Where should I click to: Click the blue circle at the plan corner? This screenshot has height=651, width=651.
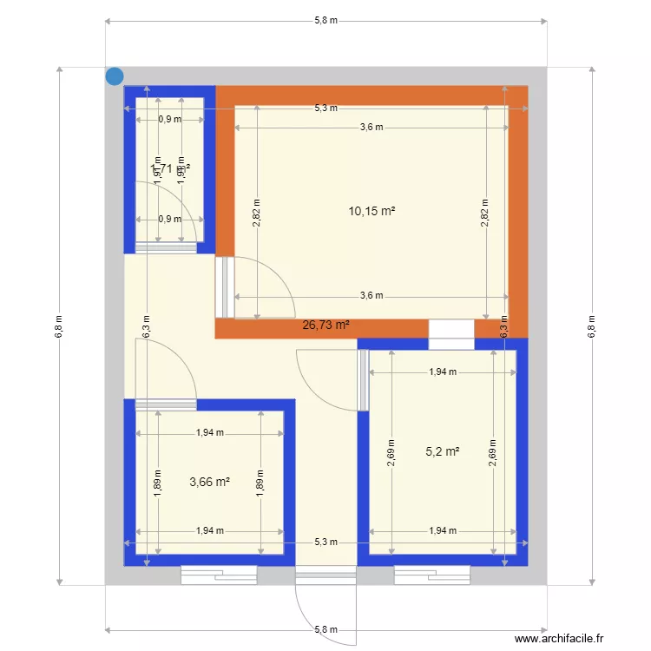(115, 76)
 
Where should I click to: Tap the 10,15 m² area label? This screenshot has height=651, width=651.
(372, 211)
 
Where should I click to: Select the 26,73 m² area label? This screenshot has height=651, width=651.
(325, 325)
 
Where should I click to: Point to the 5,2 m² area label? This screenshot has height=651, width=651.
(442, 451)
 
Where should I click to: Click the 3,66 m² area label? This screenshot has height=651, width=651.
(209, 482)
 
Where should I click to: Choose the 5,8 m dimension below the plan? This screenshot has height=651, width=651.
(325, 629)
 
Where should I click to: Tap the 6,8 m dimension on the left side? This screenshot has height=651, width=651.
(59, 325)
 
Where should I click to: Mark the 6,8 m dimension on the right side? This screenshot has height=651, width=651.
(592, 325)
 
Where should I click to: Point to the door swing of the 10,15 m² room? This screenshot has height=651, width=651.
(265, 286)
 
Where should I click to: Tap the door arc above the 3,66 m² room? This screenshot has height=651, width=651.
(165, 369)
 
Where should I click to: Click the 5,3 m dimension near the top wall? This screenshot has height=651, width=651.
(325, 108)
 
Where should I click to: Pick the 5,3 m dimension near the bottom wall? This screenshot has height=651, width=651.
(325, 542)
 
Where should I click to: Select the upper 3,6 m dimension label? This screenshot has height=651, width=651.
(372, 128)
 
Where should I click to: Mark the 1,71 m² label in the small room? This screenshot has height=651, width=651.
(170, 168)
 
